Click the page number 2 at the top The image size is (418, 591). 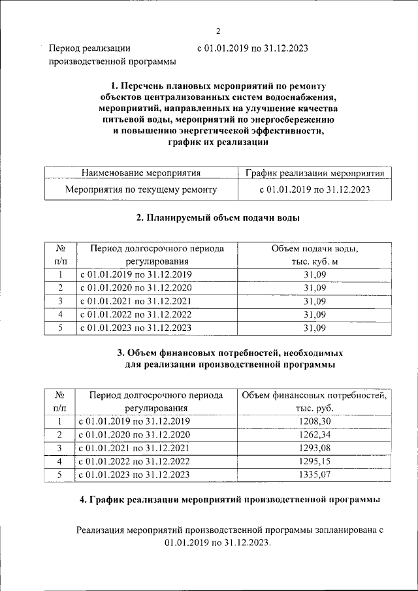point(218,31)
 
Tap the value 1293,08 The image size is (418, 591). point(314,448)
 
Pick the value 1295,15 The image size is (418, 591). point(314,461)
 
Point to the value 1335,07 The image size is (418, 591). point(314,474)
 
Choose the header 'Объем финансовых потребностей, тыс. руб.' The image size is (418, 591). point(314,401)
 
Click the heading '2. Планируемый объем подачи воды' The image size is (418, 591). point(218,218)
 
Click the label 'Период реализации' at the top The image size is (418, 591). point(89,48)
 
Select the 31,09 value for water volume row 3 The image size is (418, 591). point(314,301)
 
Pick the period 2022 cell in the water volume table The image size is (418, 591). point(136,314)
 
